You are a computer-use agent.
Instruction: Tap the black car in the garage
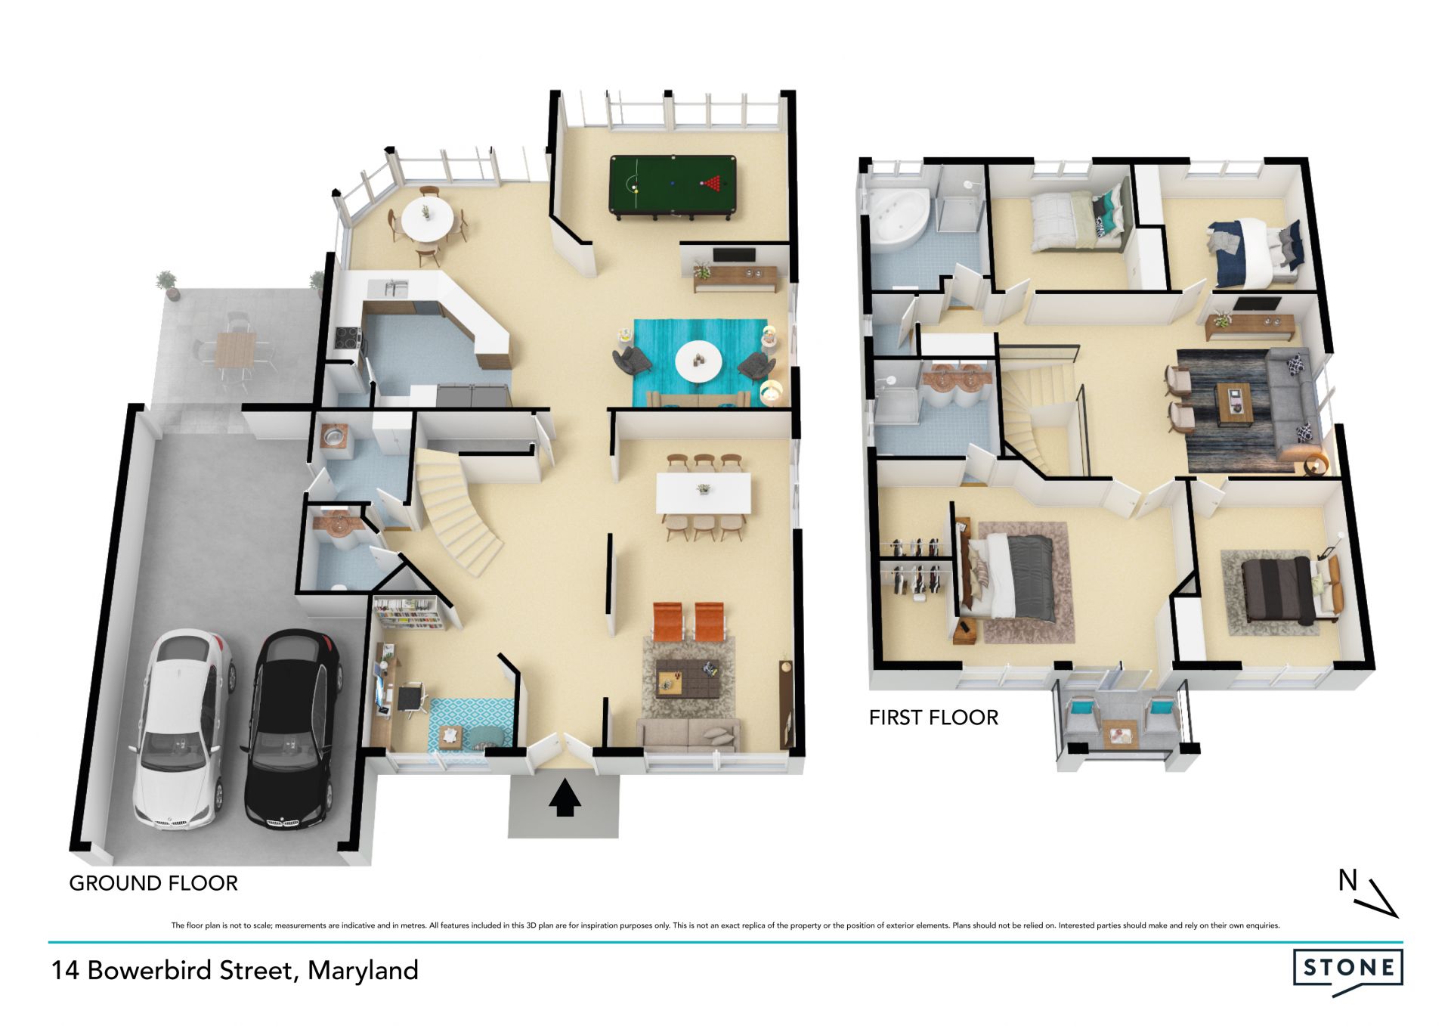(292, 728)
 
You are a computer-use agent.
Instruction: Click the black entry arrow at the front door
(564, 799)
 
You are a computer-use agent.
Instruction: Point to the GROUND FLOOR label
(153, 883)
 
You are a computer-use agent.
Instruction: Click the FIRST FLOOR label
(933, 718)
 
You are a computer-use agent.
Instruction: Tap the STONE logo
(1348, 971)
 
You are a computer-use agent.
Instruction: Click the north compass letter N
(1347, 880)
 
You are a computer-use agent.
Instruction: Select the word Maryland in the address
(363, 971)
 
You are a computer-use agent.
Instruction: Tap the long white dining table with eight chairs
(703, 493)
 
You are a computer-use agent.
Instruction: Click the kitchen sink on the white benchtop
(395, 288)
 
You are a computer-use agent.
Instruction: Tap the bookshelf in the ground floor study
(409, 613)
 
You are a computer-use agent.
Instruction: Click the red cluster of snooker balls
(713, 182)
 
